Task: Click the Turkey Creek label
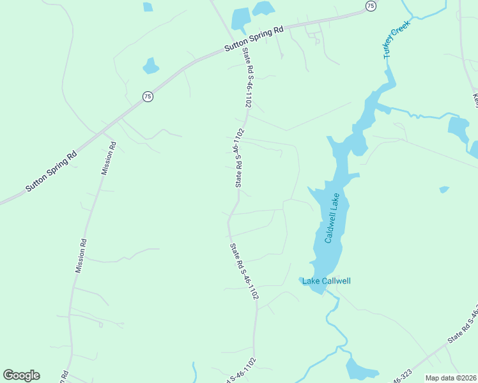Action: [x=396, y=40]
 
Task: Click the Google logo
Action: [x=21, y=375]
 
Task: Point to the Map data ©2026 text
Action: [x=451, y=378]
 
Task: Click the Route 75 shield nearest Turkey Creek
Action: [x=371, y=5]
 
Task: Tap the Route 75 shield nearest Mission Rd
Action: [x=148, y=96]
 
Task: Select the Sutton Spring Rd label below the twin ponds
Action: [x=254, y=40]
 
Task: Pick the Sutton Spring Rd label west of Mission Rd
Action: [x=51, y=171]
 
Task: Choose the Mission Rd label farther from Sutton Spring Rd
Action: [x=81, y=256]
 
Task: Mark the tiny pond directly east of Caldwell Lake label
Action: [x=444, y=190]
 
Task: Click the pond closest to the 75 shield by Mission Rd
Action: [x=151, y=66]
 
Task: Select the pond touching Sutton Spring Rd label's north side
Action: [x=240, y=19]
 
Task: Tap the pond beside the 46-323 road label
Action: [x=362, y=368]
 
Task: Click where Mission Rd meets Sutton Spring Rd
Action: [x=112, y=124]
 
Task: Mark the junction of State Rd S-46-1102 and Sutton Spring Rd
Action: [x=234, y=47]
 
